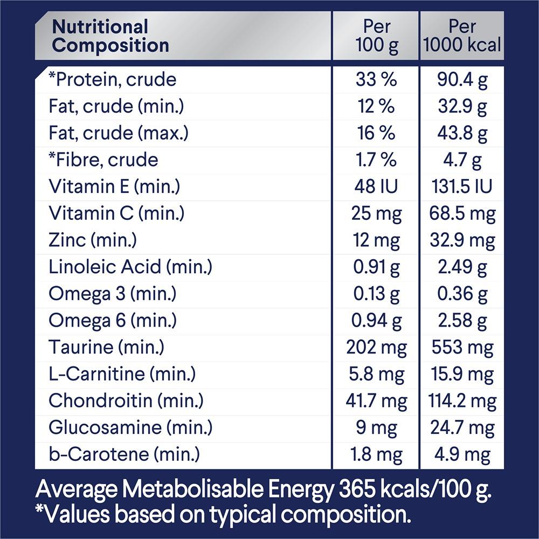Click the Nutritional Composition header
tap(110, 36)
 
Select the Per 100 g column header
tap(376, 36)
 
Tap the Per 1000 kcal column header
tap(462, 36)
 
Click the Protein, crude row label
tap(112, 80)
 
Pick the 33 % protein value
tap(376, 80)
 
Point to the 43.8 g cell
tap(462, 133)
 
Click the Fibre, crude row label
tap(103, 160)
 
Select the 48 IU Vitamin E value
tap(376, 186)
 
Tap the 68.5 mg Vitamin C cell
tap(462, 213)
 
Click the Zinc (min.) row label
tap(93, 240)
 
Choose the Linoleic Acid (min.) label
tap(130, 267)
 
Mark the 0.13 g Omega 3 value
tap(376, 294)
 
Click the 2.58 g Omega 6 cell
tap(462, 321)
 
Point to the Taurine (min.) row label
tap(106, 347)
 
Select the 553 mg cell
tap(462, 347)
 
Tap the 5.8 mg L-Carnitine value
tap(376, 374)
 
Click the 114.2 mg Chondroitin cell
tap(462, 401)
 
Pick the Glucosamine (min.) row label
tap(130, 427)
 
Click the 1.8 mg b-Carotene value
tap(376, 454)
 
